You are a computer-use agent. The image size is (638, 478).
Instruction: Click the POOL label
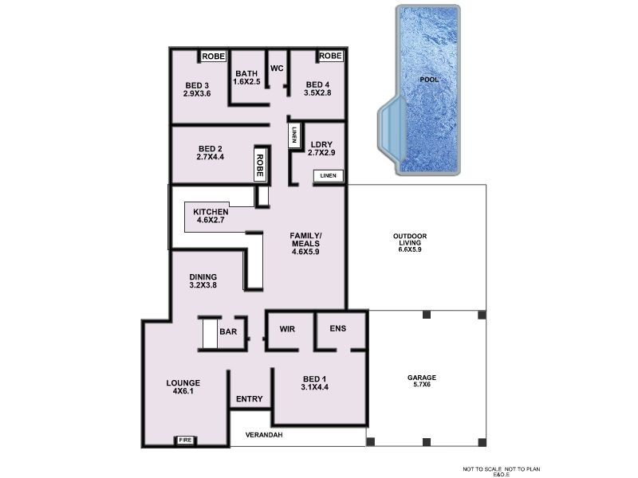(429, 80)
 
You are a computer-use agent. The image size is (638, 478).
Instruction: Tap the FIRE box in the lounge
(184, 440)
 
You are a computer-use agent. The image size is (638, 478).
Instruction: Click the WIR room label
(288, 329)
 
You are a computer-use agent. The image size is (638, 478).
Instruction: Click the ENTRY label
(250, 399)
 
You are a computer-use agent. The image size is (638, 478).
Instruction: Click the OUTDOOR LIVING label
(410, 242)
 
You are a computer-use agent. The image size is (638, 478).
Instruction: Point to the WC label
(277, 69)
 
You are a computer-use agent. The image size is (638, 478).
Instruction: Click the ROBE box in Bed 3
(213, 57)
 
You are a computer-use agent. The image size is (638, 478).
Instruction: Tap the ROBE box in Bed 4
(330, 57)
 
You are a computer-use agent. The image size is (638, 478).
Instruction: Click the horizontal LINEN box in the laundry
(329, 175)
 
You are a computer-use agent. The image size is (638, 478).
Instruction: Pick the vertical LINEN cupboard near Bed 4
(294, 135)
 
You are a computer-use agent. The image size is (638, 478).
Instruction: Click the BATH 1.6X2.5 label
(246, 78)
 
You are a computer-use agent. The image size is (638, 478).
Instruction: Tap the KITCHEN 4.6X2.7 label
(211, 216)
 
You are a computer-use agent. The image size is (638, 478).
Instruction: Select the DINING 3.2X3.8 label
(203, 281)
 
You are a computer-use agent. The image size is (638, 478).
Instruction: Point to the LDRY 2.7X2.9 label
(321, 147)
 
